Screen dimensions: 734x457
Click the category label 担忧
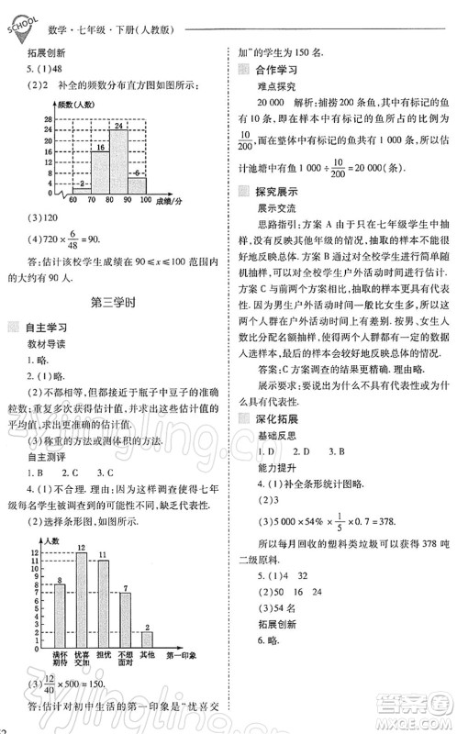pos(103,662)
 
